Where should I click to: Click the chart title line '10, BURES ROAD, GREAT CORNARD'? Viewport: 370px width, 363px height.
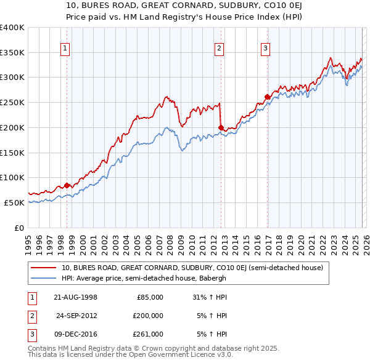(184, 5)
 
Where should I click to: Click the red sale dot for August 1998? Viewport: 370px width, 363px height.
(67, 185)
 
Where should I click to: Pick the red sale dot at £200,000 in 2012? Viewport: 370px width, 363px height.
(221, 127)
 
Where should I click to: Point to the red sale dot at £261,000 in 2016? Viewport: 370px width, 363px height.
(267, 97)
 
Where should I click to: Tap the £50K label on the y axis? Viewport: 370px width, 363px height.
(14, 202)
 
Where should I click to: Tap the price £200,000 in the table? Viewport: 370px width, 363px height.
(148, 316)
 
